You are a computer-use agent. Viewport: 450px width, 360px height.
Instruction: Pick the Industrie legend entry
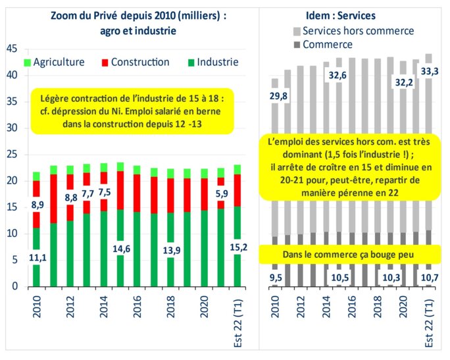(209, 63)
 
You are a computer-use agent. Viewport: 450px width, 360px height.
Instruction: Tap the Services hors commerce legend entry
(352, 30)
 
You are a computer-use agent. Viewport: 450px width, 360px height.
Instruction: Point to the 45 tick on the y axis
(11, 49)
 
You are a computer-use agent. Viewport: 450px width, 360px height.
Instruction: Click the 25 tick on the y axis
(11, 155)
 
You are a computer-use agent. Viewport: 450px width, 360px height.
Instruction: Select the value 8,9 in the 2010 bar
(38, 204)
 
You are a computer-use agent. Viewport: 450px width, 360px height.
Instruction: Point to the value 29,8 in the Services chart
(280, 96)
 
